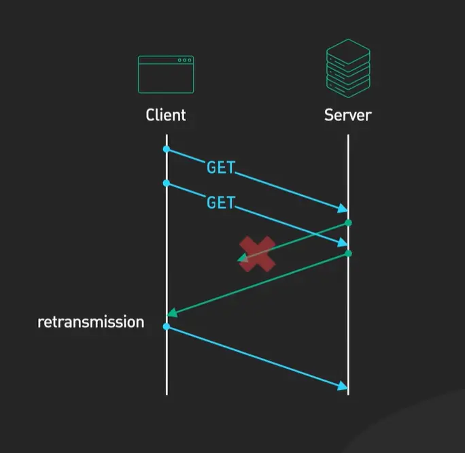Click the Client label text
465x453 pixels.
pyautogui.click(x=166, y=114)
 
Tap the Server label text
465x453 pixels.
pyautogui.click(x=347, y=114)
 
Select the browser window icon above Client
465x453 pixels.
pyautogui.click(x=166, y=74)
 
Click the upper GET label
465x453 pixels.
pyautogui.click(x=220, y=168)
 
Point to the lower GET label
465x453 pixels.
pyautogui.click(x=220, y=203)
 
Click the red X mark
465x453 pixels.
pyautogui.click(x=257, y=254)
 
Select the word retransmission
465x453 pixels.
pyautogui.click(x=90, y=322)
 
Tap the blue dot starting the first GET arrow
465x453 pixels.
pyautogui.click(x=166, y=149)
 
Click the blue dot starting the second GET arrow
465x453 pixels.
pyautogui.click(x=166, y=183)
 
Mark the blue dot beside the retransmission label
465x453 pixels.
pyautogui.click(x=166, y=327)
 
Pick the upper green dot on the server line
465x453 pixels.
pyautogui.click(x=348, y=222)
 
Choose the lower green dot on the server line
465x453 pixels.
pyautogui.click(x=348, y=254)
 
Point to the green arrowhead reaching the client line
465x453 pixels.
pyautogui.click(x=172, y=313)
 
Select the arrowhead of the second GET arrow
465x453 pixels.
pyautogui.click(x=343, y=243)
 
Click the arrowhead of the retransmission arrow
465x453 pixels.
pyautogui.click(x=343, y=386)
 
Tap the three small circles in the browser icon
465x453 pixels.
pyautogui.click(x=184, y=61)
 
